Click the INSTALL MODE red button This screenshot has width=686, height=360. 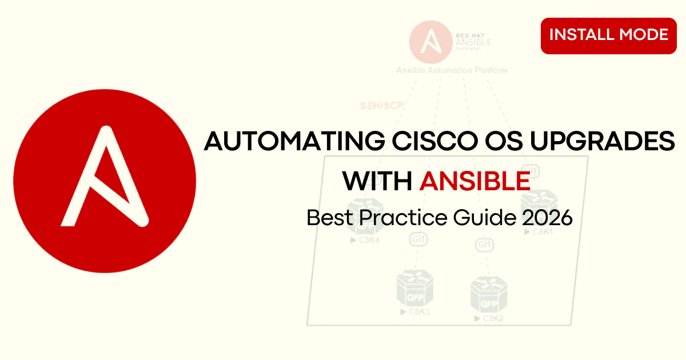(x=608, y=35)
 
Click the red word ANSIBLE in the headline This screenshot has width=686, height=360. (x=474, y=182)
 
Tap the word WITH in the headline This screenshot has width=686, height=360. (x=377, y=182)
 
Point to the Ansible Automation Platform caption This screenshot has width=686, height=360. (x=452, y=70)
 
